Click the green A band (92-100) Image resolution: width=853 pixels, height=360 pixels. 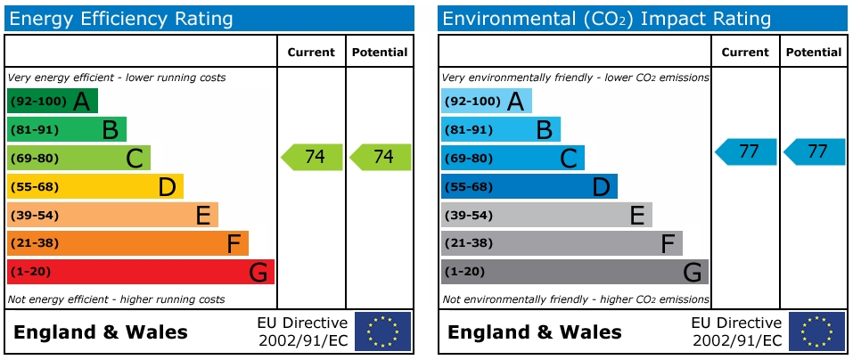[x=52, y=101]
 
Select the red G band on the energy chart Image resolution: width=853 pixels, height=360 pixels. [x=140, y=272]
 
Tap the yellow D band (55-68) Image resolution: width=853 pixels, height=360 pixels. [x=94, y=186]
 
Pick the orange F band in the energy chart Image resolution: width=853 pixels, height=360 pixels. [x=127, y=243]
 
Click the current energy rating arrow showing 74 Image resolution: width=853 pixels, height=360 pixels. [x=312, y=157]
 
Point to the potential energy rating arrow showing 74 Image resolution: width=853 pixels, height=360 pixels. [x=381, y=157]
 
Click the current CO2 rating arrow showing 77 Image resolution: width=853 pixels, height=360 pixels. [x=746, y=151]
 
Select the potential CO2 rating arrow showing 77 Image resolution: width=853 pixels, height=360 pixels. [x=815, y=151]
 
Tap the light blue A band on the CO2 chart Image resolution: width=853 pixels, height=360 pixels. [x=486, y=101]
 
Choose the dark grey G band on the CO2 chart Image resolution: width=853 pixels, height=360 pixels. [x=574, y=272]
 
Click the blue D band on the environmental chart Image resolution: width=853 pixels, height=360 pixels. [x=529, y=186]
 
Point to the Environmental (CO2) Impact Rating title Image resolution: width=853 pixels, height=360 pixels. [x=606, y=19]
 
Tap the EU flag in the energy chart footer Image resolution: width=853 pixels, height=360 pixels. [x=383, y=331]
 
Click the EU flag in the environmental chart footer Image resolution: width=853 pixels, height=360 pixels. [x=816, y=331]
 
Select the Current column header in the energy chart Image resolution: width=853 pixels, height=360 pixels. [x=311, y=53]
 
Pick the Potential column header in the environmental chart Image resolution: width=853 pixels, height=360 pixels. [x=814, y=53]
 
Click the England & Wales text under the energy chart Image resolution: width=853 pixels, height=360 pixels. [x=101, y=333]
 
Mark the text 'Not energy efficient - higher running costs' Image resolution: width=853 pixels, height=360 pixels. [x=116, y=299]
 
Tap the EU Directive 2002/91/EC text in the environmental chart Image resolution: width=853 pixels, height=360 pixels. [x=736, y=331]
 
